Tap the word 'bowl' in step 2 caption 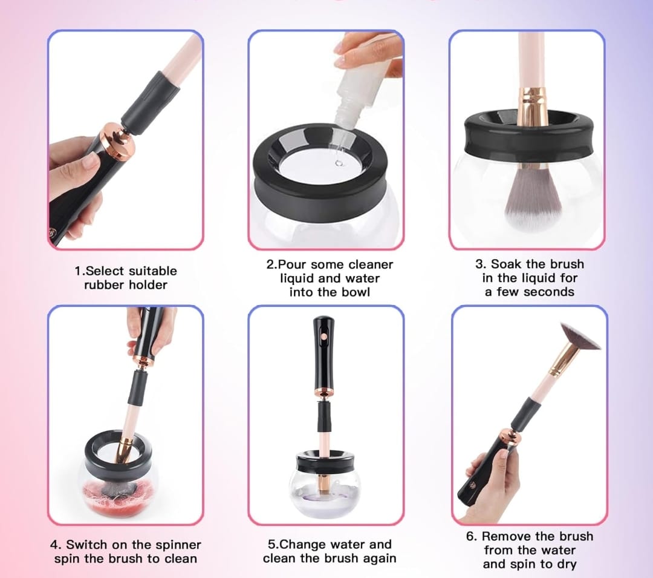(x=356, y=292)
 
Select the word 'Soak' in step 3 (x=506, y=264)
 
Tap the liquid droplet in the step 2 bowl (x=339, y=163)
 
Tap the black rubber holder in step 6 (x=527, y=413)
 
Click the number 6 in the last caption (x=470, y=536)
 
